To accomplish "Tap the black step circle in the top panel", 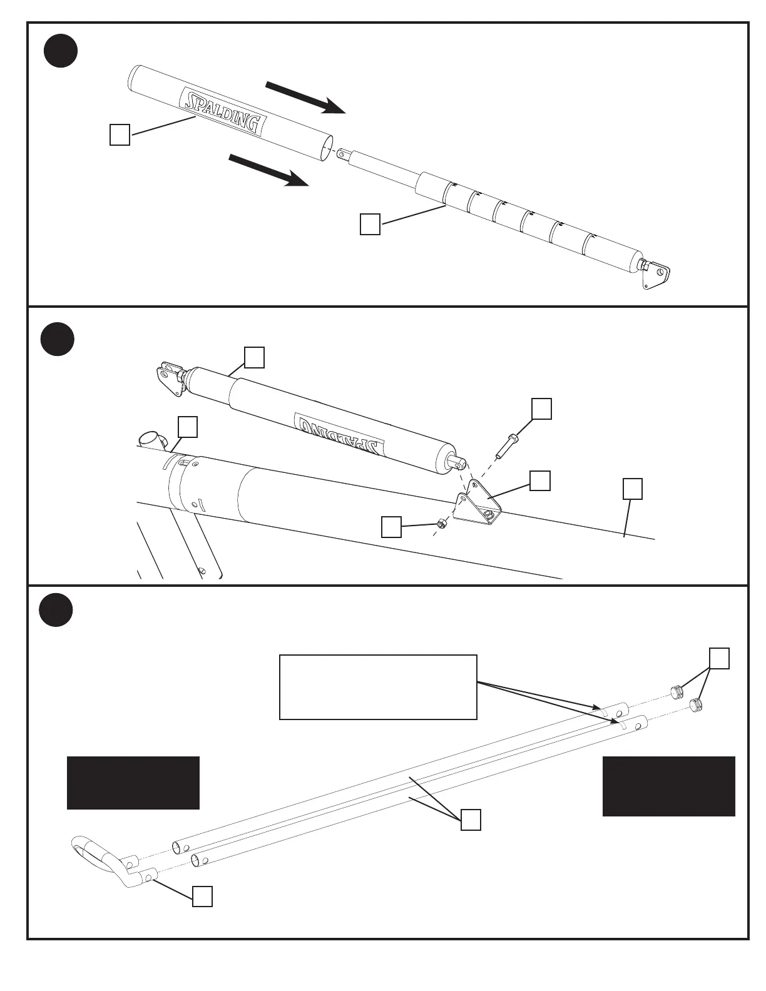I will click(x=61, y=52).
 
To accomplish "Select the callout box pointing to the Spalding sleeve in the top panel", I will click(x=120, y=135).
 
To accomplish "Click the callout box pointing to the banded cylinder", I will click(x=370, y=224).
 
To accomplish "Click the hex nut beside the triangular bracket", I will click(x=441, y=524).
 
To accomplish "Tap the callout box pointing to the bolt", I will click(x=541, y=409).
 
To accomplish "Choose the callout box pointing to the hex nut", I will click(x=391, y=527).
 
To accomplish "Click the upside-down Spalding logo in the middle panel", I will click(x=339, y=434).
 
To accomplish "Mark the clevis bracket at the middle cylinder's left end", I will click(x=168, y=378).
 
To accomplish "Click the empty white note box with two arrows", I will click(x=378, y=687).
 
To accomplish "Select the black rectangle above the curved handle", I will click(x=133, y=783).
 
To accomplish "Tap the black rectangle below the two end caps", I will click(x=668, y=786).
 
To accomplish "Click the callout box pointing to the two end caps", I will click(x=719, y=659).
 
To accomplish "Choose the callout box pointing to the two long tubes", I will click(x=471, y=820).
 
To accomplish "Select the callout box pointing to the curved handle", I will click(x=202, y=896).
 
